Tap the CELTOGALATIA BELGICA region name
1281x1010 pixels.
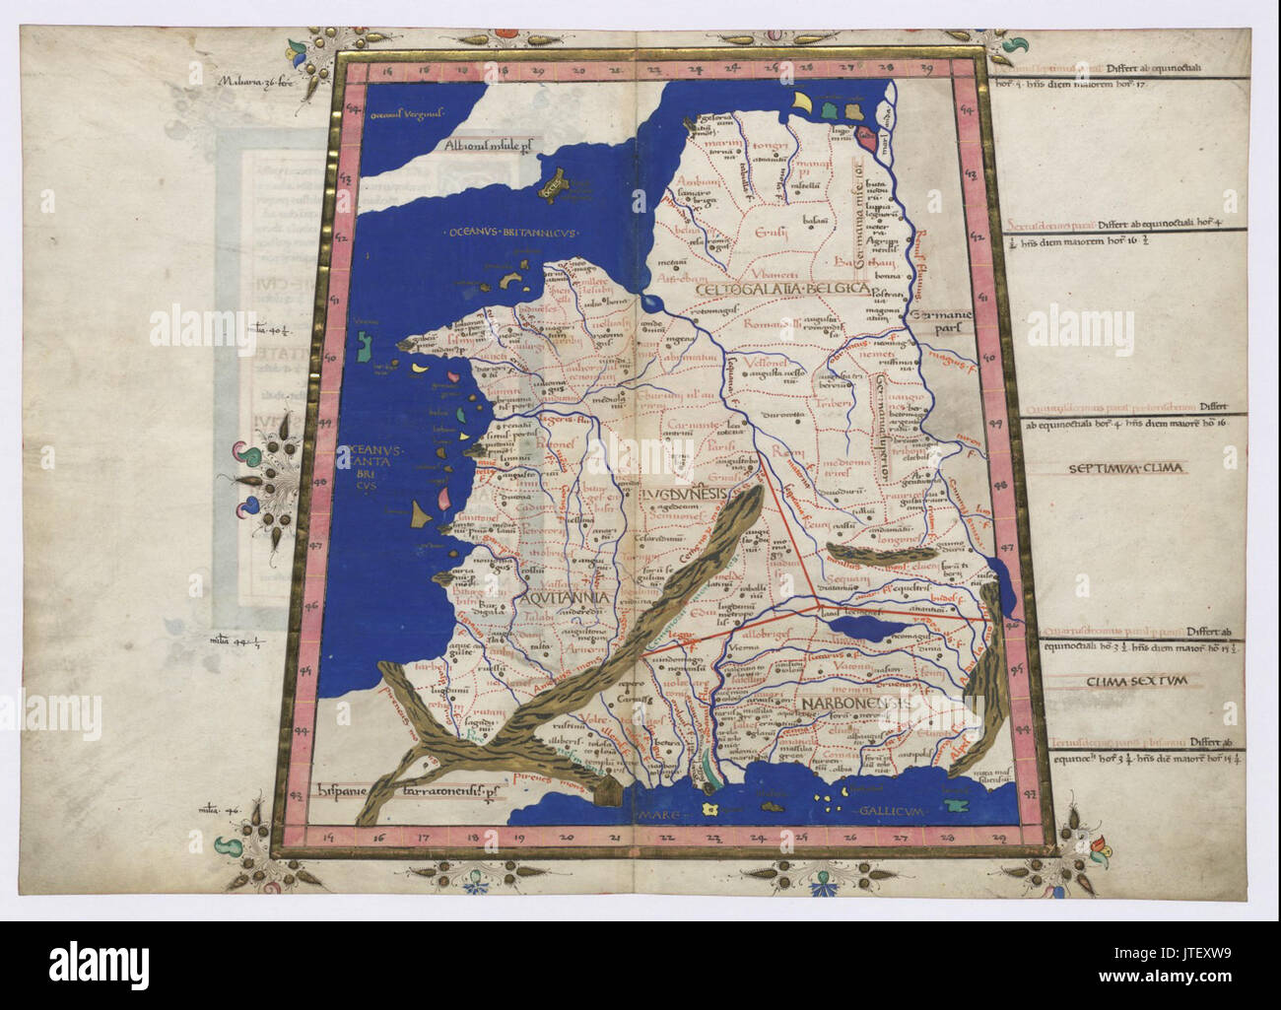pyautogui.click(x=779, y=289)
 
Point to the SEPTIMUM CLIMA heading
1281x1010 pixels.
pyautogui.click(x=1127, y=468)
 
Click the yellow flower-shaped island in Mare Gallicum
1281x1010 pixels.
pyautogui.click(x=709, y=808)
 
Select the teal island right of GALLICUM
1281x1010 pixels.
pyautogui.click(x=952, y=805)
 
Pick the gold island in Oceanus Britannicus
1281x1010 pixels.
pyautogui.click(x=555, y=184)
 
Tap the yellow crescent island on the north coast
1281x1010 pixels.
pyautogui.click(x=804, y=102)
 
